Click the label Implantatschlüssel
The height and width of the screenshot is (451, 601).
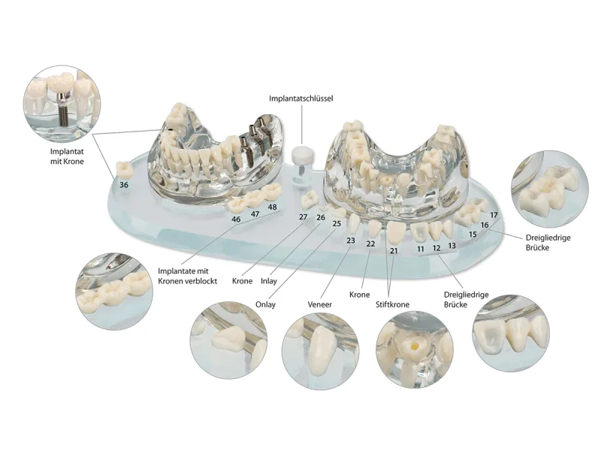point(301,98)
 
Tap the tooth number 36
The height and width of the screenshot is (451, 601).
point(124,185)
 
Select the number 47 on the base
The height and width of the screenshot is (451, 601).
point(255,214)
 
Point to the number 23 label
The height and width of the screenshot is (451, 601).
point(350,241)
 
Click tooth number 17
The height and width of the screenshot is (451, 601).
point(494,216)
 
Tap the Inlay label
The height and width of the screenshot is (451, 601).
point(269,281)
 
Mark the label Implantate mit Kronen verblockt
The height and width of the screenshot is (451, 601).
point(188,276)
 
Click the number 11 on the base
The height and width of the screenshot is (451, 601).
point(421,248)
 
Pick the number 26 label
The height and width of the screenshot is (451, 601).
point(321,217)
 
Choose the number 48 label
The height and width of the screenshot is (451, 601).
point(272,207)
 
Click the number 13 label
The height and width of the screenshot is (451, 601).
point(452,245)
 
